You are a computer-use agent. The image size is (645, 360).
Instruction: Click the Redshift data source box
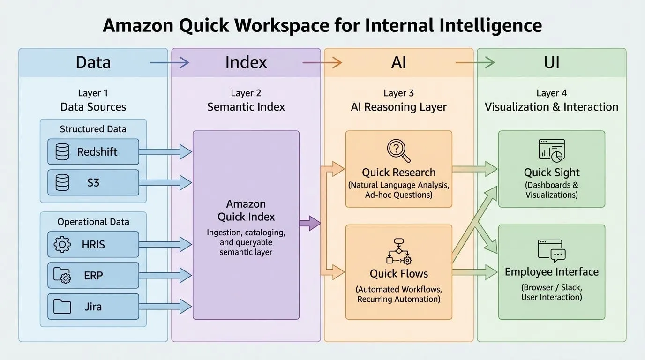93,152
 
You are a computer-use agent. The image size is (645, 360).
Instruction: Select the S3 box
93,183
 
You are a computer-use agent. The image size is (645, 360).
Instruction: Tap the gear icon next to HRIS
62,245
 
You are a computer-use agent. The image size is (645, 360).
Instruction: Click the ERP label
93,276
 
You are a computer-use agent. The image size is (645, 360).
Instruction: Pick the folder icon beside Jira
62,306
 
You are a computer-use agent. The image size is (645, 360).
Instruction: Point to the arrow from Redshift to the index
165,152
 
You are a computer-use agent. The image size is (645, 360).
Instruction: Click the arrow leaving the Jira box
165,306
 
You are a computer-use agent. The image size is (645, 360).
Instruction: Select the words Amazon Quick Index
246,210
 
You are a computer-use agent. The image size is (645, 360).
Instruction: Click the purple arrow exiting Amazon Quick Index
310,223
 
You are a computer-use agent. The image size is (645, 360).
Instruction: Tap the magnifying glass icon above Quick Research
398,151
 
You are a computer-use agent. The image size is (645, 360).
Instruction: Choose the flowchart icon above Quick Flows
399,251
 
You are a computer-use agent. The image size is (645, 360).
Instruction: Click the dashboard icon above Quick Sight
552,151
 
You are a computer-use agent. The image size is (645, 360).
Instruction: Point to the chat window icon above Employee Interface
552,251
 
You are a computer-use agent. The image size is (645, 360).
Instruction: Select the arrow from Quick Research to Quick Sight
475,169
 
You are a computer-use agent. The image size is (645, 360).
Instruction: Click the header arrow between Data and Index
169,62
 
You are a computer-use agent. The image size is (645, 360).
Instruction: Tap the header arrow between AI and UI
475,62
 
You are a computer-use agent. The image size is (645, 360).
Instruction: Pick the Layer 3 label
399,93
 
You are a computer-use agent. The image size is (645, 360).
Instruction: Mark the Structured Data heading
93,129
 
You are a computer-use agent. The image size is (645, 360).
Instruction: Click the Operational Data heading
93,222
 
